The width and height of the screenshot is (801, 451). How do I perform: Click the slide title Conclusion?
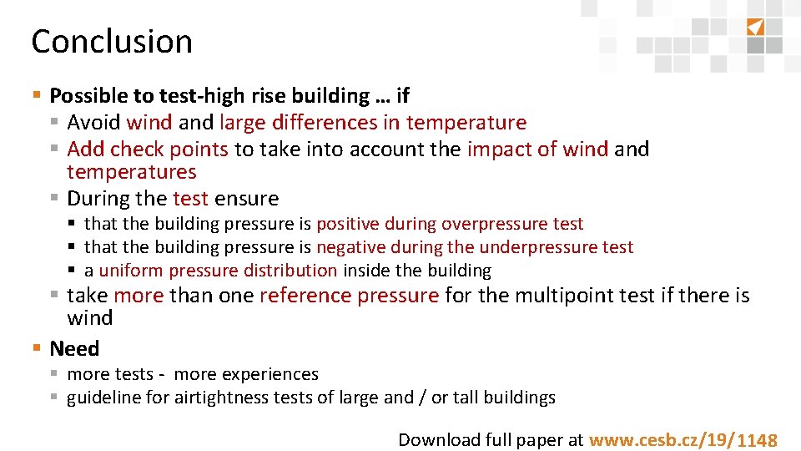pyautogui.click(x=112, y=41)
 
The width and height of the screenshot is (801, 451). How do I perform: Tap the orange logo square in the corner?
pyautogui.click(x=754, y=27)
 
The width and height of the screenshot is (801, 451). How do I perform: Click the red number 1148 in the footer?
pyautogui.click(x=758, y=440)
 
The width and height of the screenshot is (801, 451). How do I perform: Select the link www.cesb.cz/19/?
pyautogui.click(x=661, y=440)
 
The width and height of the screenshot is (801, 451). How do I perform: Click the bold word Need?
pyautogui.click(x=74, y=348)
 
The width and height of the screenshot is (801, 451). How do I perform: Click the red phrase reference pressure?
pyautogui.click(x=349, y=295)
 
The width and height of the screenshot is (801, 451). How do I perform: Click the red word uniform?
pyautogui.click(x=131, y=271)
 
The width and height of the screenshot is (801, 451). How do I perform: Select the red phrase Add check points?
pyautogui.click(x=148, y=149)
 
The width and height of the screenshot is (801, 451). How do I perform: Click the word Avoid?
pyautogui.click(x=93, y=123)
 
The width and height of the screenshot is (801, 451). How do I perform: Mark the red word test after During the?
pyautogui.click(x=191, y=199)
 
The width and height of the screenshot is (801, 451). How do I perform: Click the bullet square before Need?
pyautogui.click(x=36, y=348)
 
